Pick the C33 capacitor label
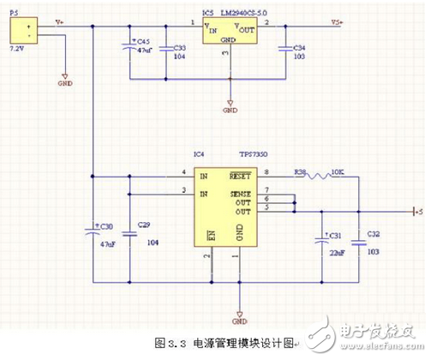tap(179, 49)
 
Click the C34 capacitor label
tap(299, 49)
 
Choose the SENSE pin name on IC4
tap(242, 194)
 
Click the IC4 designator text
tap(199, 154)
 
